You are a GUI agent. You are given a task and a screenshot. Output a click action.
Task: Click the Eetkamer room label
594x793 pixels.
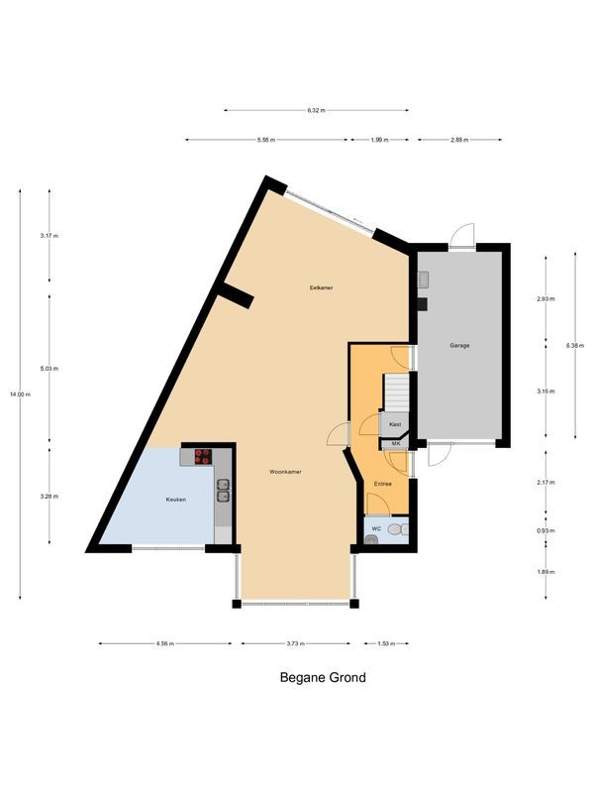(x=320, y=287)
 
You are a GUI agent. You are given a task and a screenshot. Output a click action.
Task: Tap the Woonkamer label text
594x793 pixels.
(x=285, y=473)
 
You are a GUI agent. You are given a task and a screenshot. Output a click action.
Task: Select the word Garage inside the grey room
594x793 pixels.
(x=459, y=346)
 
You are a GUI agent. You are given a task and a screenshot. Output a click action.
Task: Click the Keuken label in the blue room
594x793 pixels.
(x=175, y=500)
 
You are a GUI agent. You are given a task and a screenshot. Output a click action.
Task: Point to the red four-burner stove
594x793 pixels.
(x=203, y=456)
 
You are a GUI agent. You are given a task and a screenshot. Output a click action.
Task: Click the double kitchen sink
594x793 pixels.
(x=224, y=490)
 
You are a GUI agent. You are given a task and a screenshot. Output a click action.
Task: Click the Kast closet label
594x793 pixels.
(x=394, y=424)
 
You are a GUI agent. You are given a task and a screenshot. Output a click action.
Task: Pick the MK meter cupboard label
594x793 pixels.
(x=396, y=443)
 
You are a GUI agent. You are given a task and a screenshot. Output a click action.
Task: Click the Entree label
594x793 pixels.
(x=382, y=484)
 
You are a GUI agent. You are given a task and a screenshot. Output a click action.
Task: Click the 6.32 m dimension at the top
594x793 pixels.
(x=317, y=110)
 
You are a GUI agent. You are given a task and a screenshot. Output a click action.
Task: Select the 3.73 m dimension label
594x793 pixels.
(x=295, y=643)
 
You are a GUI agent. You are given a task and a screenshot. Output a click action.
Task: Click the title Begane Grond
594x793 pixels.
(x=323, y=678)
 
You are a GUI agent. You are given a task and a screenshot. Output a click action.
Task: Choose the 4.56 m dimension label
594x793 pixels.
(x=164, y=643)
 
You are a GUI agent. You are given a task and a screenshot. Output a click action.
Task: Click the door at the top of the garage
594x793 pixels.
(x=461, y=238)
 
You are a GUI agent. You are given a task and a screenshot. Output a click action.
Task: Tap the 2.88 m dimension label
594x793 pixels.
(x=458, y=140)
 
